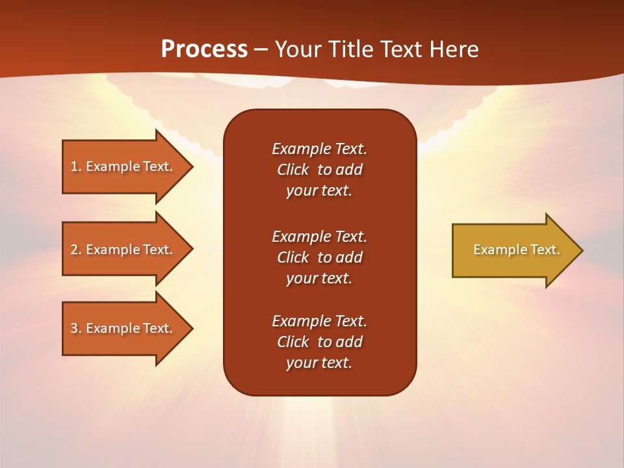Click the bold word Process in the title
[204, 49]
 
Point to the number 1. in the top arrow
[75, 166]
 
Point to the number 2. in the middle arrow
[75, 250]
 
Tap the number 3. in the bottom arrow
[75, 328]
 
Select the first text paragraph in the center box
[319, 170]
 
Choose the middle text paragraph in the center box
[319, 257]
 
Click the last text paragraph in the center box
[319, 342]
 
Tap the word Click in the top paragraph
[292, 170]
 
